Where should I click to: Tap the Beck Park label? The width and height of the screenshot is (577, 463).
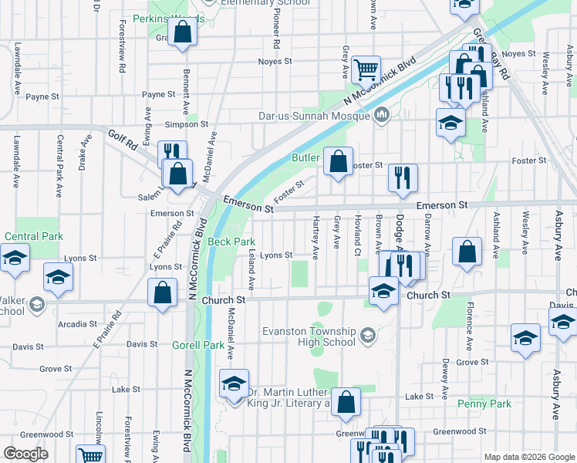(x=231, y=242)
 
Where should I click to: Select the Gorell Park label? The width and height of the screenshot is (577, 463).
(x=198, y=345)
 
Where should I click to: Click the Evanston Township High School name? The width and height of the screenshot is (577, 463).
(x=309, y=336)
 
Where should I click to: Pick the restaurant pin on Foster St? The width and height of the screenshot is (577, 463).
(x=402, y=177)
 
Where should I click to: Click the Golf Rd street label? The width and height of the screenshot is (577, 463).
(x=122, y=139)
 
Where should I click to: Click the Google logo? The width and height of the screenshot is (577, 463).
(x=26, y=453)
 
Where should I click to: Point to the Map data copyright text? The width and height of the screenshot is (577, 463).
(x=528, y=457)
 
